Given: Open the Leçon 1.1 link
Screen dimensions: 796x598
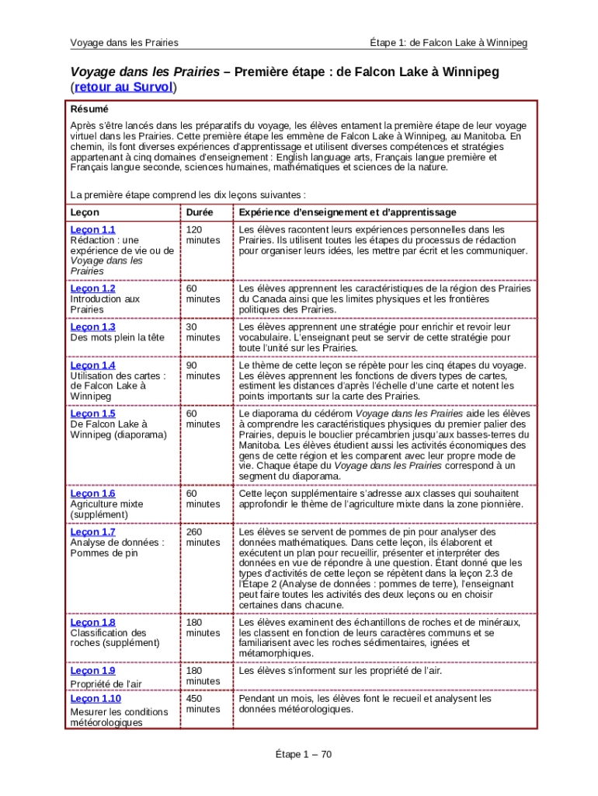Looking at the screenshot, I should click(x=92, y=229).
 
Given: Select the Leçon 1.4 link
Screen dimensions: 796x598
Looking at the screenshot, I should click(x=92, y=365).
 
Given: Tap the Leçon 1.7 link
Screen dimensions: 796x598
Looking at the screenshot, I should click(x=92, y=532).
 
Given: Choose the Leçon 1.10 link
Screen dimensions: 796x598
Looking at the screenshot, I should click(x=96, y=698).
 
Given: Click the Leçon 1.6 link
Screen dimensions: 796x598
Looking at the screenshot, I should click(x=92, y=494).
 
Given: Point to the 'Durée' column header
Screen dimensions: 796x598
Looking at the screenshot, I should click(x=200, y=212).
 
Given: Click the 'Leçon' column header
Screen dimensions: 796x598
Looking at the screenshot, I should click(x=85, y=212).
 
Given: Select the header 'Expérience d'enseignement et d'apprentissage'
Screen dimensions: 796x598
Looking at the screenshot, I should click(x=347, y=212).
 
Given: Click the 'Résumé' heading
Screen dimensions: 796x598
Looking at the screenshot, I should click(x=89, y=109).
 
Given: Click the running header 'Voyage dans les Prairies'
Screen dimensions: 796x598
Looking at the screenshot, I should click(x=124, y=42).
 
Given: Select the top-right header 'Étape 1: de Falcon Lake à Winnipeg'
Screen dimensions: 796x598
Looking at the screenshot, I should click(x=448, y=42).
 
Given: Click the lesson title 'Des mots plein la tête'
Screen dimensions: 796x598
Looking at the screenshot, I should click(x=117, y=337).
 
